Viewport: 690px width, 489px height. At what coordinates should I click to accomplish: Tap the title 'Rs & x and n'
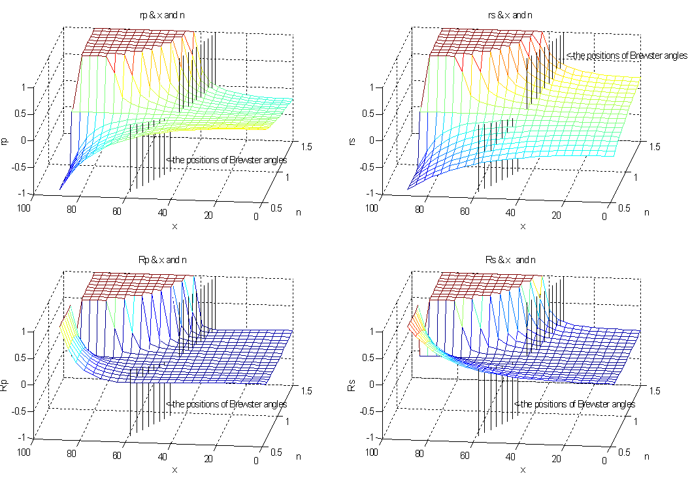click(520, 260)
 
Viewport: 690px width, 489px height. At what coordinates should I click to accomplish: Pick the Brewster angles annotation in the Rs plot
click(574, 404)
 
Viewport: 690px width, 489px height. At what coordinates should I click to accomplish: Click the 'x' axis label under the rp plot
click(174, 226)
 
